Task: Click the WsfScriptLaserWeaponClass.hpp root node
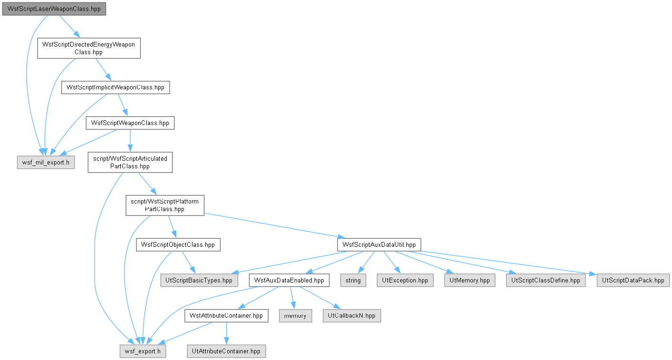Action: coord(54,9)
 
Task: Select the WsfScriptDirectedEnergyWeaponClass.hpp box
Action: coord(89,48)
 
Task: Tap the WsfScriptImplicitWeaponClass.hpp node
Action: coord(115,88)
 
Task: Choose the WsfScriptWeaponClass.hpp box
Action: coord(130,123)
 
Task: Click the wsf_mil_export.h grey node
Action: coord(46,163)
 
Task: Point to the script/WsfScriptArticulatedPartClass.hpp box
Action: coord(130,163)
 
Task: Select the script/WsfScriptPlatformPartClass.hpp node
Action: coord(165,205)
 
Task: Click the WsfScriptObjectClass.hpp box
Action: coord(178,245)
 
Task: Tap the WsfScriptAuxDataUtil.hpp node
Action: coord(379,245)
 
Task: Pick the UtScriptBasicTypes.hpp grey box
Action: coord(199,281)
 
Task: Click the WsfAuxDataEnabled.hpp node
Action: coord(289,281)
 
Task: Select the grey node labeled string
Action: coord(353,281)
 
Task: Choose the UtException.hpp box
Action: coord(405,281)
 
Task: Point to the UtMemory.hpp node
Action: coord(470,281)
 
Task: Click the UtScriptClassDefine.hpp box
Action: coord(546,281)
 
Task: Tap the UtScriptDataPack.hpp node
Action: coord(633,281)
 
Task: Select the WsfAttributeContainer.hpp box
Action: coord(226,316)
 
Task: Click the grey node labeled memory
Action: coord(295,316)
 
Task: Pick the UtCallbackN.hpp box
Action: coord(352,316)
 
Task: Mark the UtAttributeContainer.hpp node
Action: coord(226,351)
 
